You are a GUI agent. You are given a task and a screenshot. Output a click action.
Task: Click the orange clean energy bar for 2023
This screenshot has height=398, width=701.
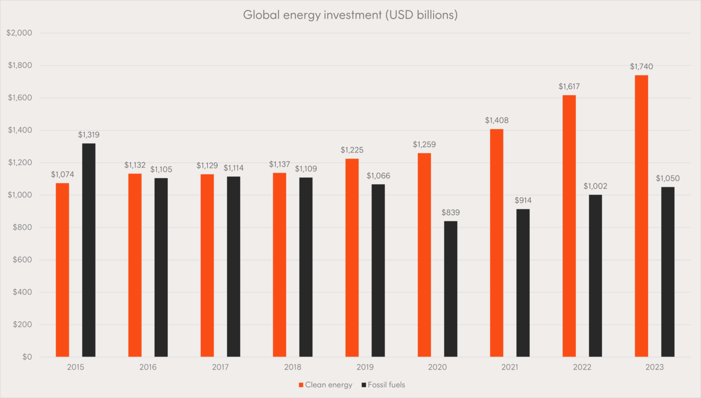coord(641,216)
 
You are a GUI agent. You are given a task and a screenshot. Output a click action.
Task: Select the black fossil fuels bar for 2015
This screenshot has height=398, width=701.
coord(89,250)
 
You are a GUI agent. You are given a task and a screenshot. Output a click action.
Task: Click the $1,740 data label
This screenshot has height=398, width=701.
coord(641,67)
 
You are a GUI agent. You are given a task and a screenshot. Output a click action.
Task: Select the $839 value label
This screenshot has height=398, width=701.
coord(451,212)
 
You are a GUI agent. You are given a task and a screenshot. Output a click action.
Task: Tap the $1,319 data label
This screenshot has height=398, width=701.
coord(89,135)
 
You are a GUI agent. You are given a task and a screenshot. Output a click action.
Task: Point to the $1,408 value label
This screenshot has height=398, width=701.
coord(497,121)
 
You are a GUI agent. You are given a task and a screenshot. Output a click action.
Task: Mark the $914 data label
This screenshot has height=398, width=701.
coord(523,200)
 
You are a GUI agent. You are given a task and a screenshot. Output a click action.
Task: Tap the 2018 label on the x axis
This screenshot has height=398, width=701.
coord(293,367)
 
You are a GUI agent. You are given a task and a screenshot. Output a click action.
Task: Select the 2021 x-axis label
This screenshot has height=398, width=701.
coord(510,367)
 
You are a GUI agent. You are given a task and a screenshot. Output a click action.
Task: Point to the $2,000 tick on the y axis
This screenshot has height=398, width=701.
coord(19,33)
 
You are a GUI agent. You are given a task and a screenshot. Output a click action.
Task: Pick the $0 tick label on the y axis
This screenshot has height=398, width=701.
coord(26,357)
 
